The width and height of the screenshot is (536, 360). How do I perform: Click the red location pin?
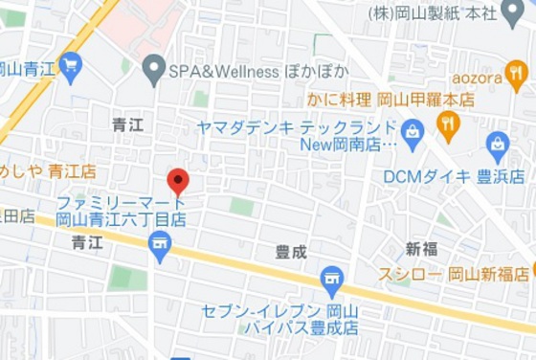tap(178, 180)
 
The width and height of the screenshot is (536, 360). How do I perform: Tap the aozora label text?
tap(478, 76)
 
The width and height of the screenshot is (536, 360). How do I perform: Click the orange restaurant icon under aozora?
tap(518, 76)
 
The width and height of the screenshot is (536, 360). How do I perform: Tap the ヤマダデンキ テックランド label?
tap(296, 126)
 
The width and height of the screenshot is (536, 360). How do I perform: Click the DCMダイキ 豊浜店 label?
tap(454, 176)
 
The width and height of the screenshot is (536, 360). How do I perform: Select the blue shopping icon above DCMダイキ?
tap(497, 146)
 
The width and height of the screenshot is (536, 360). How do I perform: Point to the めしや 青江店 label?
tap(49, 171)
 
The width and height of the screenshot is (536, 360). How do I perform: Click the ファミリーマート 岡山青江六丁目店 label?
tap(121, 212)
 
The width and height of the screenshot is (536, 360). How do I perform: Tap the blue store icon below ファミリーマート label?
tap(160, 244)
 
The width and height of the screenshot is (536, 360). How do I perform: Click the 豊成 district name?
tap(291, 252)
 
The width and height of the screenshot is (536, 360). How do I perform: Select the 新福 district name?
tap(421, 249)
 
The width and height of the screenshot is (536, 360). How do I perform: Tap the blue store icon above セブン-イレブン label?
tap(332, 281)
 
